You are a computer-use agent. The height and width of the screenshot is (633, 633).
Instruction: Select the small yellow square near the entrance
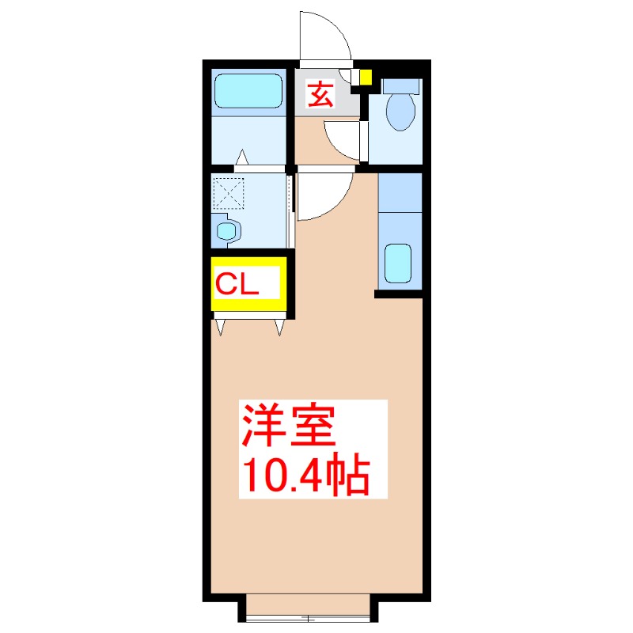pyautogui.click(x=366, y=78)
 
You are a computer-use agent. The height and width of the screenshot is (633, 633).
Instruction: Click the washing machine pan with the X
pyautogui.click(x=229, y=191)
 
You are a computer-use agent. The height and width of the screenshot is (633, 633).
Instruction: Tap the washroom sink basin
pyautogui.click(x=228, y=231)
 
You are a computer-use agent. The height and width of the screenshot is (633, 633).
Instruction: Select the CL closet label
pyautogui.click(x=238, y=283)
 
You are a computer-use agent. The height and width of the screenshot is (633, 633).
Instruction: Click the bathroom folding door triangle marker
pyautogui.click(x=241, y=158)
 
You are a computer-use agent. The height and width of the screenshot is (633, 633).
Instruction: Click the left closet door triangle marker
pyautogui.click(x=221, y=325)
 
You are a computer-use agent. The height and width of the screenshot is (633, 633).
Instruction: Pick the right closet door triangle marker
pyautogui.click(x=281, y=325)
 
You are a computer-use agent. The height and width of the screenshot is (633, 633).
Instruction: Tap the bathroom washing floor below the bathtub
pyautogui.click(x=248, y=140)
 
